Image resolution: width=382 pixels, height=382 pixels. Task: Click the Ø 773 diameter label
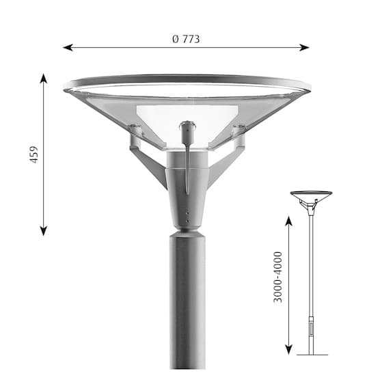point(186,39)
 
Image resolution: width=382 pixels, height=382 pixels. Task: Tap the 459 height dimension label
point(34,154)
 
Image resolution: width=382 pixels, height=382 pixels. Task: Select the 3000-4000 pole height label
point(277,277)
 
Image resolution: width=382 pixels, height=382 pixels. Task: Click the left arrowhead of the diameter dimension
point(68,47)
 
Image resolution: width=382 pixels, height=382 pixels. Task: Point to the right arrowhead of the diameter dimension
point(305,47)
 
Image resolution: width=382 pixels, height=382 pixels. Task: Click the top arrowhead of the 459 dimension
point(44,79)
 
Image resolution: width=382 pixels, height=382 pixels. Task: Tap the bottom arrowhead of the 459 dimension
point(44,231)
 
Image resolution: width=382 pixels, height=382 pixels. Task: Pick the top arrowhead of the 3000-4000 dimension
point(288,221)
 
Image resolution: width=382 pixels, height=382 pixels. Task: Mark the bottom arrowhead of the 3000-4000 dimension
point(288,350)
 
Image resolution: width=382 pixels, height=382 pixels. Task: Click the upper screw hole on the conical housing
point(187,213)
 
